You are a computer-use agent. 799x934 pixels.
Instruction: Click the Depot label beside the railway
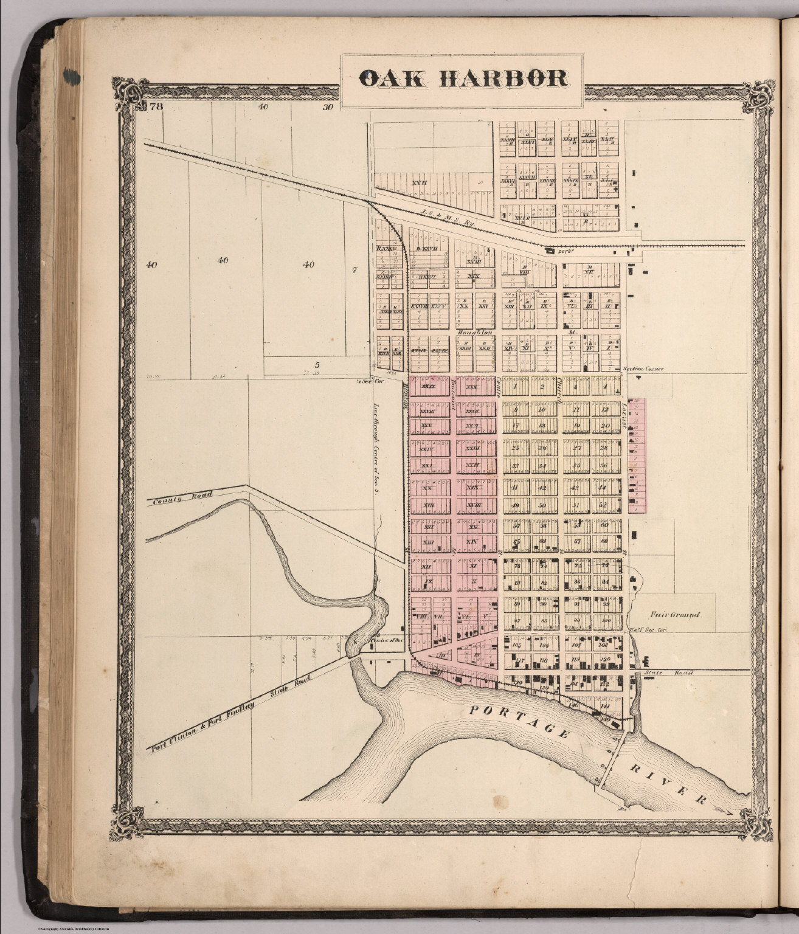coord(557,249)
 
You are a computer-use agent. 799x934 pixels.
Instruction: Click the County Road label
coord(182,498)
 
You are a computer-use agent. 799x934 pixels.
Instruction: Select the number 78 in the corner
coord(156,108)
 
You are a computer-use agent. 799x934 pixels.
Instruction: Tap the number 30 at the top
coord(328,108)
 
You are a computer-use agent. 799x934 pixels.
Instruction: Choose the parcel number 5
coord(317,364)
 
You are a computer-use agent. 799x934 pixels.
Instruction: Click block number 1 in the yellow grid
coord(515,387)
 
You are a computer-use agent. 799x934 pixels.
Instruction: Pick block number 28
coord(604,448)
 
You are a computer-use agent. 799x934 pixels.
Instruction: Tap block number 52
coord(604,505)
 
